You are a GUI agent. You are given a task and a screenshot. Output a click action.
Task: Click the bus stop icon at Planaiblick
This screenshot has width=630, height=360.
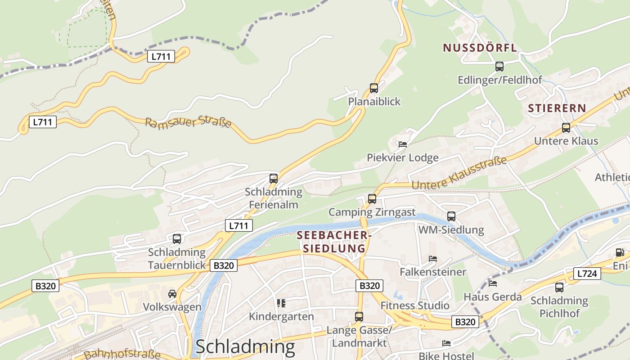tap(374, 88)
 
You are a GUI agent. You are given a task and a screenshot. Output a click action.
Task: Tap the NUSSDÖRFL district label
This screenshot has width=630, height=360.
tap(480, 48)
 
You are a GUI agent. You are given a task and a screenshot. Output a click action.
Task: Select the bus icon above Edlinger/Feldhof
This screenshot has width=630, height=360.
tap(499, 67)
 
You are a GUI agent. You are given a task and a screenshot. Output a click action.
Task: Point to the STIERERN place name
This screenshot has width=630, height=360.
tap(557, 108)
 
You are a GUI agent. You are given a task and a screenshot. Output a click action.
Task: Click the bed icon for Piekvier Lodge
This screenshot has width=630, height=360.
tap(403, 144)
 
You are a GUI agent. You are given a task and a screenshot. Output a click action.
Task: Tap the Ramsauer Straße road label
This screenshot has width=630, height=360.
tap(188, 122)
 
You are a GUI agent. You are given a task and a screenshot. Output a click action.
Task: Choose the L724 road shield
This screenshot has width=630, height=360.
tap(587, 273)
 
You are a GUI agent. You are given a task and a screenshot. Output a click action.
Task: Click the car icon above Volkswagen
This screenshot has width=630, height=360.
tap(172, 294)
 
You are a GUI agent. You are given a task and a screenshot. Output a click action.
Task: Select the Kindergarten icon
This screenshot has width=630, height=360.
tap(281, 303)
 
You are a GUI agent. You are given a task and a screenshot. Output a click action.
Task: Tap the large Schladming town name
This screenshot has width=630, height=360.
tap(245, 347)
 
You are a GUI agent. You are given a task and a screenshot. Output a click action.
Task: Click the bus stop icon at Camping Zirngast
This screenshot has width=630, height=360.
tap(372, 198)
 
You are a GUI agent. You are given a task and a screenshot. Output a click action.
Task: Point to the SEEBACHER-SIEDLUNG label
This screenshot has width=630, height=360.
tap(333, 242)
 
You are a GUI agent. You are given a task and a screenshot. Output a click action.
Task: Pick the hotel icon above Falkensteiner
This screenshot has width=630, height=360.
tap(433, 259)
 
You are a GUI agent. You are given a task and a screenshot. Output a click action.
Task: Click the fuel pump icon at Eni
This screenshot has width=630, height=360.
tap(620, 253)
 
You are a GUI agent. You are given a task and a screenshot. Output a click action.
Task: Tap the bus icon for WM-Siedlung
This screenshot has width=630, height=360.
tap(451, 216)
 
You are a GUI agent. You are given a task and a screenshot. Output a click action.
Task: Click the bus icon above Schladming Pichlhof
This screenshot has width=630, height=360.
tap(559, 287)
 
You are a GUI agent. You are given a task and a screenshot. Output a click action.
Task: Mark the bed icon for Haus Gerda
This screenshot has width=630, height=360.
tap(493, 283)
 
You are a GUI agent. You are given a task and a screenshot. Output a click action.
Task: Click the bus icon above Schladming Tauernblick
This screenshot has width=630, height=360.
tap(177, 239)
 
